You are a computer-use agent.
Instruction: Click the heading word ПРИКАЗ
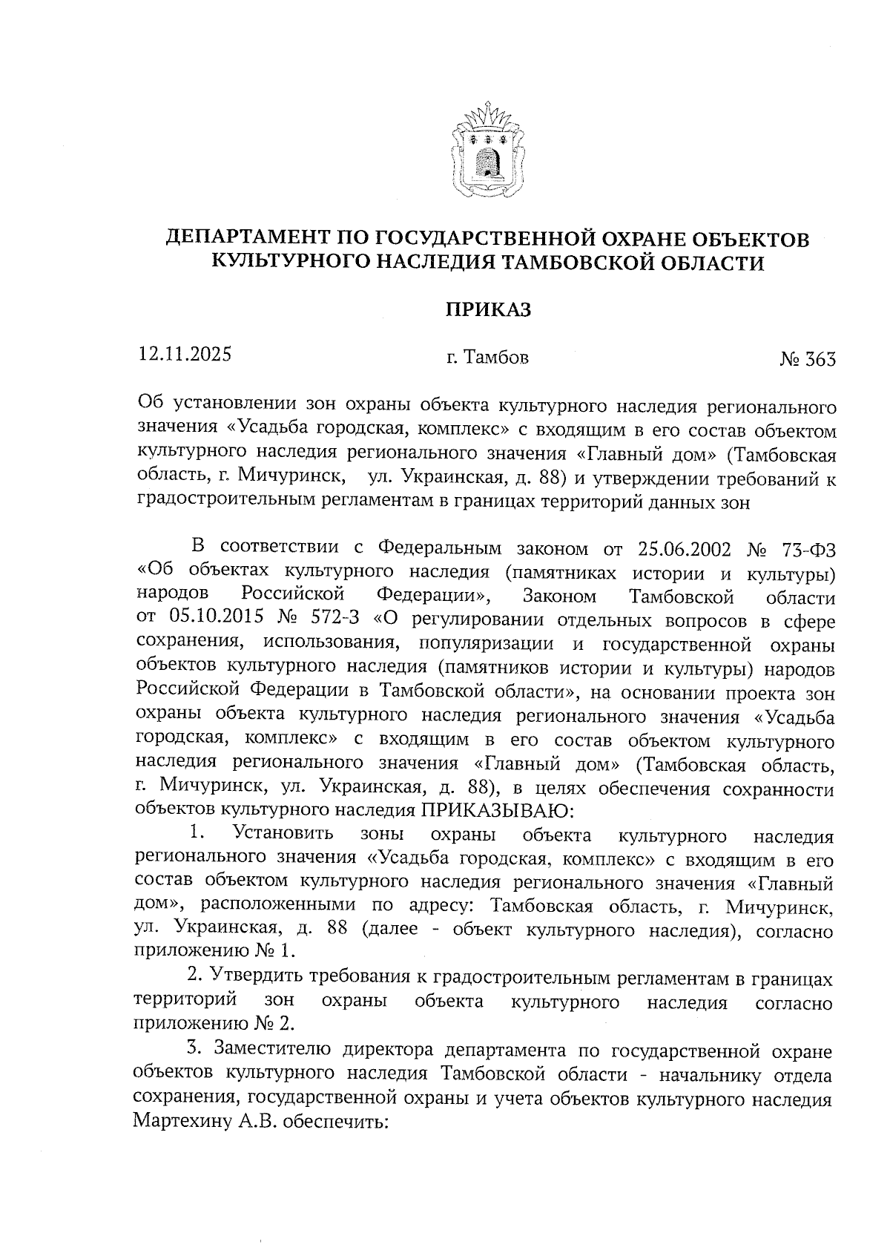[x=487, y=309]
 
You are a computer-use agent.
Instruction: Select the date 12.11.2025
[x=185, y=354]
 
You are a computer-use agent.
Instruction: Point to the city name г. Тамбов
[x=487, y=358]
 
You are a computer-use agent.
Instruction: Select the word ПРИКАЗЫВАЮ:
[x=495, y=809]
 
